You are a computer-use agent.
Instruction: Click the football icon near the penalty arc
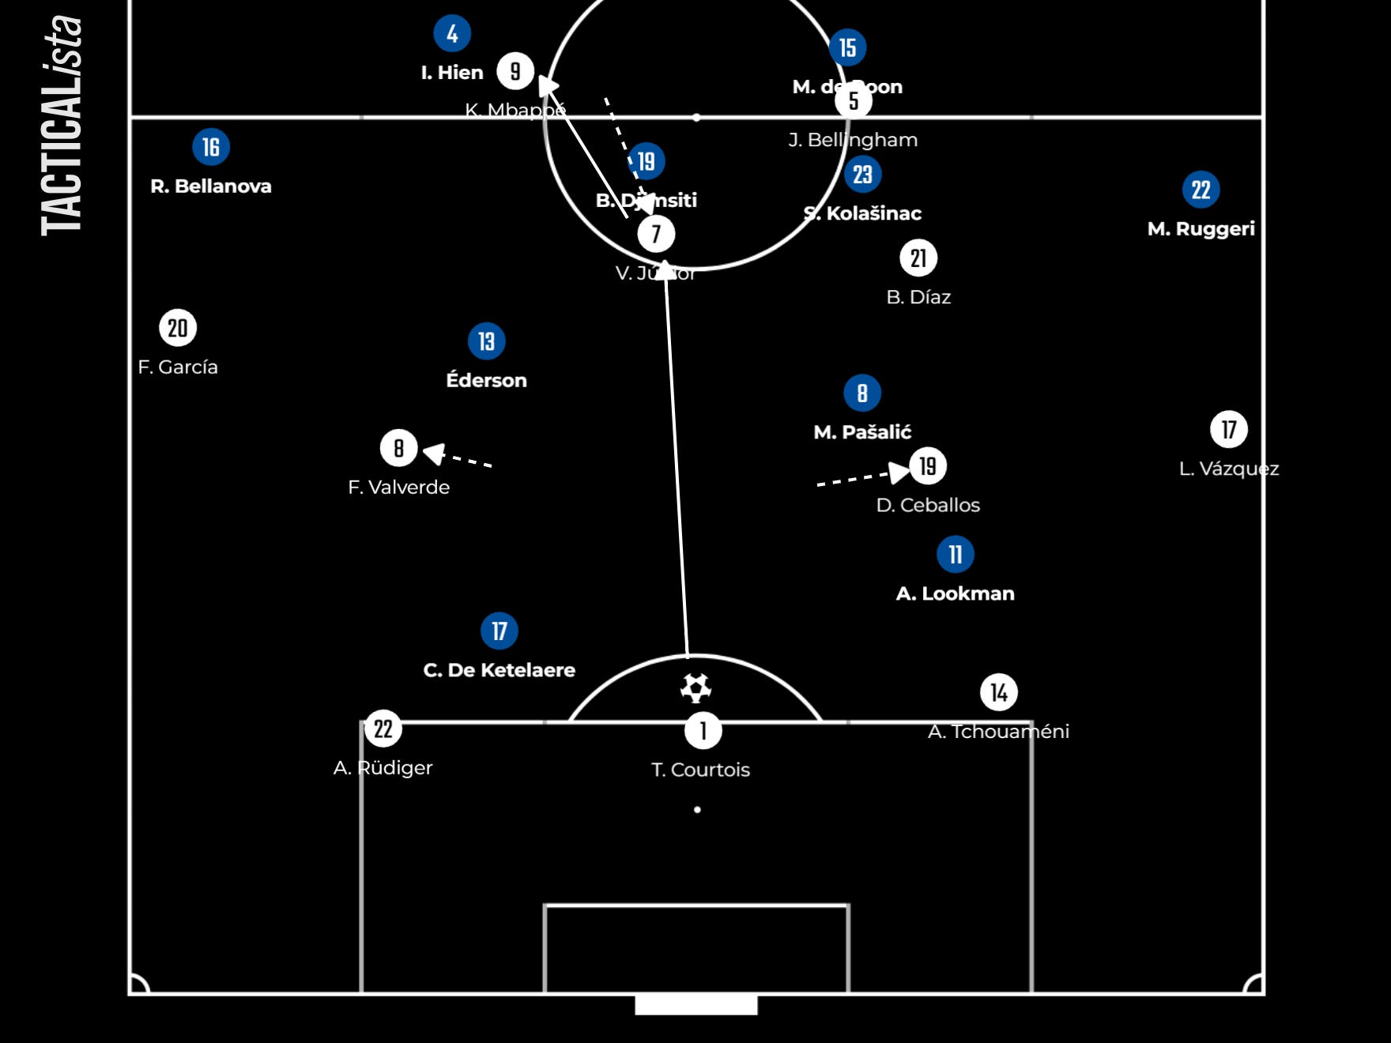(695, 688)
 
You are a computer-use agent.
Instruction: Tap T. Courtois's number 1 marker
(703, 731)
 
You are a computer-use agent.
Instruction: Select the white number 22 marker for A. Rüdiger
(383, 729)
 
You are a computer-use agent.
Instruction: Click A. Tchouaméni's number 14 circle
(999, 693)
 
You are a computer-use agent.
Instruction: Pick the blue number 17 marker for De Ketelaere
(499, 631)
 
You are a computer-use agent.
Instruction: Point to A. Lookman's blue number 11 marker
(956, 555)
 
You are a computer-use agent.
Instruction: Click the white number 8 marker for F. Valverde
(399, 448)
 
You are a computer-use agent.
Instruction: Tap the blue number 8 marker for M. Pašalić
(862, 393)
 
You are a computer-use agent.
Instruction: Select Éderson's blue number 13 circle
(486, 341)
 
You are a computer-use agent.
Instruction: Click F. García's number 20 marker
(178, 328)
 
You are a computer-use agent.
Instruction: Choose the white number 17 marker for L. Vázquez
(1229, 430)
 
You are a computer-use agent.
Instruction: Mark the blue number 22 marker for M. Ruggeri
(1201, 190)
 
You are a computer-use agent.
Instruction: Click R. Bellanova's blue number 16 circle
(211, 147)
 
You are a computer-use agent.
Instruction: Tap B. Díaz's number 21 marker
(918, 258)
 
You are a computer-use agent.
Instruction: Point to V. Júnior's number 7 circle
(656, 234)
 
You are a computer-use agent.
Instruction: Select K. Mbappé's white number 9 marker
(515, 71)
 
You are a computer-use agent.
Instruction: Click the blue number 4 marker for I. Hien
(452, 33)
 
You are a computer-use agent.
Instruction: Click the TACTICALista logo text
(62, 126)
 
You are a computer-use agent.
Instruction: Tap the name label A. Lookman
(955, 593)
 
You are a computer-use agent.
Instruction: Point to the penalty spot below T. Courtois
(697, 810)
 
